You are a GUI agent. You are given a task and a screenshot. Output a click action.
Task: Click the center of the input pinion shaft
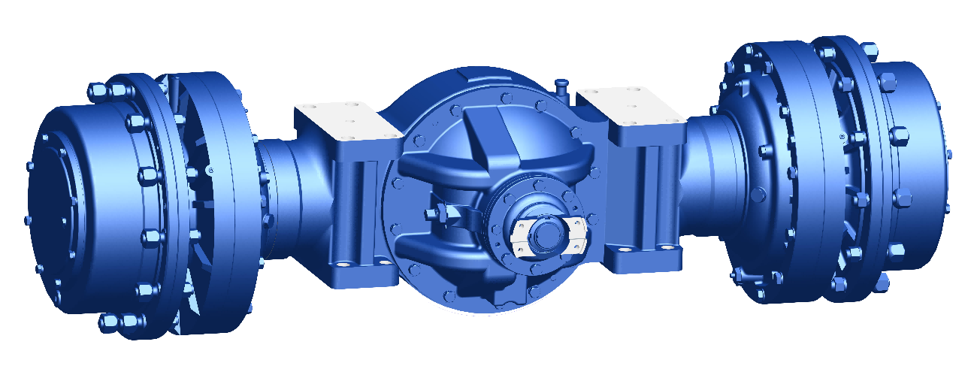pos(543,234)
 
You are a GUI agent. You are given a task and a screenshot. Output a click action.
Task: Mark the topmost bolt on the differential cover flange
pos(502,97)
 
